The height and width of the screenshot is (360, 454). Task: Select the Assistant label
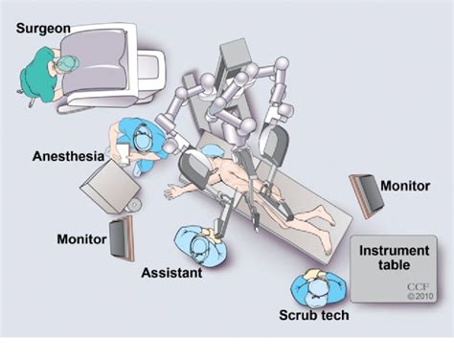(x=172, y=273)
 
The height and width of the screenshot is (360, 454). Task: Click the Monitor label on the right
(x=405, y=184)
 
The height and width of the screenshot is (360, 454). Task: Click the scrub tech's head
(x=313, y=281)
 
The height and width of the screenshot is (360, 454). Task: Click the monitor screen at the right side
(x=367, y=193)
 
